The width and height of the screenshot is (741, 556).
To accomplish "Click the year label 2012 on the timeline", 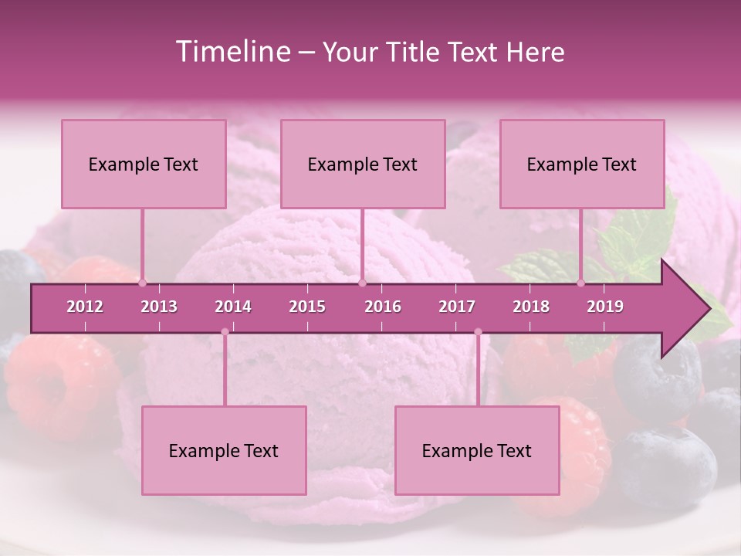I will pos(85,307).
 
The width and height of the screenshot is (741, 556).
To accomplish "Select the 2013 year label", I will pos(159,307).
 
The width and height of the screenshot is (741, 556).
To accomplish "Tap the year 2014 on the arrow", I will pos(233,307).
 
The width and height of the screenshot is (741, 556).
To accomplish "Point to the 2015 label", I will pos(307,307).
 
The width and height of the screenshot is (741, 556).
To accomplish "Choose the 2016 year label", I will pos(383,307).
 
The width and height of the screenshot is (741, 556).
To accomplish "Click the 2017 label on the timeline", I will pos(457,307).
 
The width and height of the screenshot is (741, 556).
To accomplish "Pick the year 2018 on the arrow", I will pos(531,307).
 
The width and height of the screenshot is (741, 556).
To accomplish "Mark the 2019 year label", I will pos(605,307).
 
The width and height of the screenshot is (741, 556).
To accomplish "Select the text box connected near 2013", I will pos(144,164).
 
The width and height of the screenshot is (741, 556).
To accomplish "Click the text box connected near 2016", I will pos(363,164).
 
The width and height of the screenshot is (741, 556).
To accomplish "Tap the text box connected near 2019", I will pos(582,164).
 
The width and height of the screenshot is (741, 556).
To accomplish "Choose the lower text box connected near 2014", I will pos(224,450).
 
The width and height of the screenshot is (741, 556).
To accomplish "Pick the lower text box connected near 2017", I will pos(477,450).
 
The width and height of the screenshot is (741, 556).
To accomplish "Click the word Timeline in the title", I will pos(231,52).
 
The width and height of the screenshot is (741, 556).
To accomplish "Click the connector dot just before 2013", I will pos(142,283).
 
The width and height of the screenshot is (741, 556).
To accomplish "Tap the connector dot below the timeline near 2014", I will pos(225,332).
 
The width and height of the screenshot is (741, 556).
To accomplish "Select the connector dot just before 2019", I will pos(581,283).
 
